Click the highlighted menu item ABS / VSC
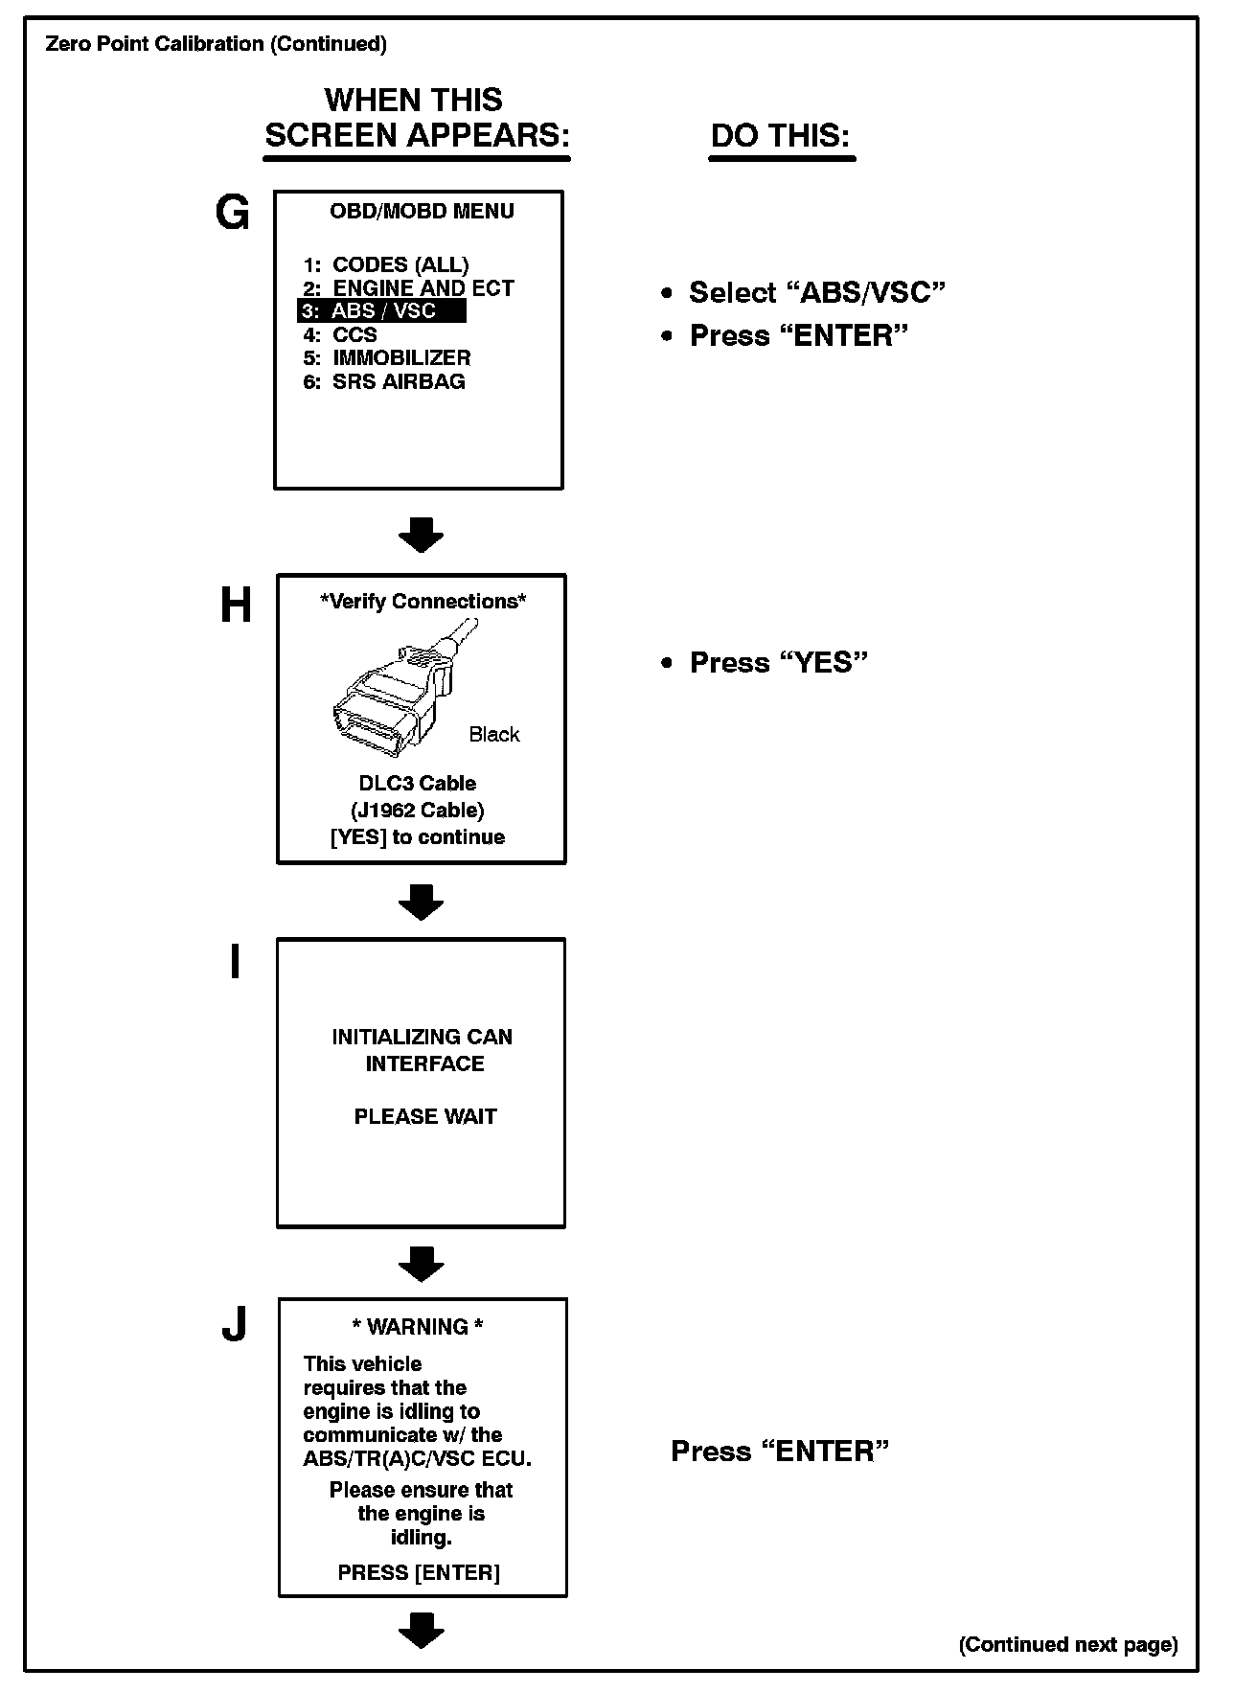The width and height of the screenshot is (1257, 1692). pos(382,311)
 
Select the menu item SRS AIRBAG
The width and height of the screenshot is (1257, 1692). pos(384,381)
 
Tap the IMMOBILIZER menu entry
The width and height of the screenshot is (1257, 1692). pos(387,358)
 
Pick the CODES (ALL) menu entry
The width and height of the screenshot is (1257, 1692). pos(386,264)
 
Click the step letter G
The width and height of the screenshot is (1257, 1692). pos(233,214)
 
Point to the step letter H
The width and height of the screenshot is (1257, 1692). pos(236,606)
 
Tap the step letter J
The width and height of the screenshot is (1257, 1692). pos(234,1325)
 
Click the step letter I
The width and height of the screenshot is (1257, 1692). pos(235,962)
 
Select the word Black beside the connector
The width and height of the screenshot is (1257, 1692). pos(494,735)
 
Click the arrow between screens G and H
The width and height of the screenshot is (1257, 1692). pos(421,535)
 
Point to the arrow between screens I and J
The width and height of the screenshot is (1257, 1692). pos(421,1264)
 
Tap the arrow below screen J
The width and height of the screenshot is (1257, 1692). pos(421,1630)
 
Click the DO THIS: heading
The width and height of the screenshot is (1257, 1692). pos(780,135)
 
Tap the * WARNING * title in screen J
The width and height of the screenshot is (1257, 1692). pos(418,1327)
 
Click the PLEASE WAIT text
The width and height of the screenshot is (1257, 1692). pos(425,1116)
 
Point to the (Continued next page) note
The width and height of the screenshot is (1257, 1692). pos(1068,1644)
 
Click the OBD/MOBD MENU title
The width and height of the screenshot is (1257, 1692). pos(422,211)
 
